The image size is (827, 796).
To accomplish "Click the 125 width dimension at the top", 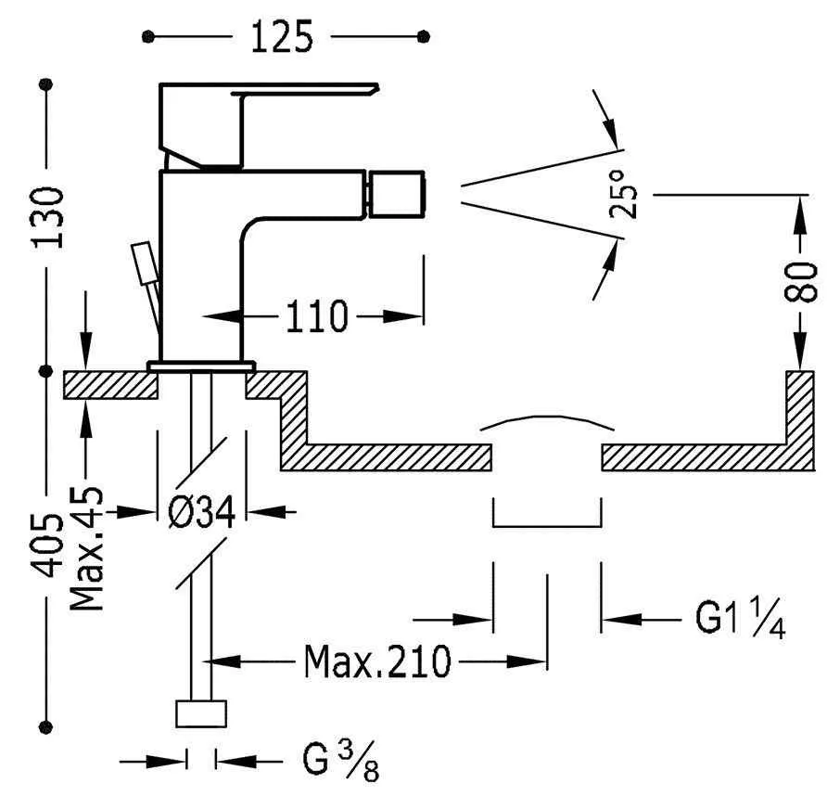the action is pos(282,37).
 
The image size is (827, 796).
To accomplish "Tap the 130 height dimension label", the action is pos(47,217).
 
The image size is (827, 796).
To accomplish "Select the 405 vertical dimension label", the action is pos(47,545).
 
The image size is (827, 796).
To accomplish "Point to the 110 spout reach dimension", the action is pos(316,316).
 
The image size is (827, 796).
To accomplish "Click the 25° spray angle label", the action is pos(623,194).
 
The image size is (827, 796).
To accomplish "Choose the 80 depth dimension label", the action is pos(800,282).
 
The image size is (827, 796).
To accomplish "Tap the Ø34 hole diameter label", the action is pos(201,512).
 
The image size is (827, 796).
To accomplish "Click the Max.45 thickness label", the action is pos(87,549).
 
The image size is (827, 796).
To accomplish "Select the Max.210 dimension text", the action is pos(377,661).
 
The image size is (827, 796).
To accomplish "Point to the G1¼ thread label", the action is pos(741,619).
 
